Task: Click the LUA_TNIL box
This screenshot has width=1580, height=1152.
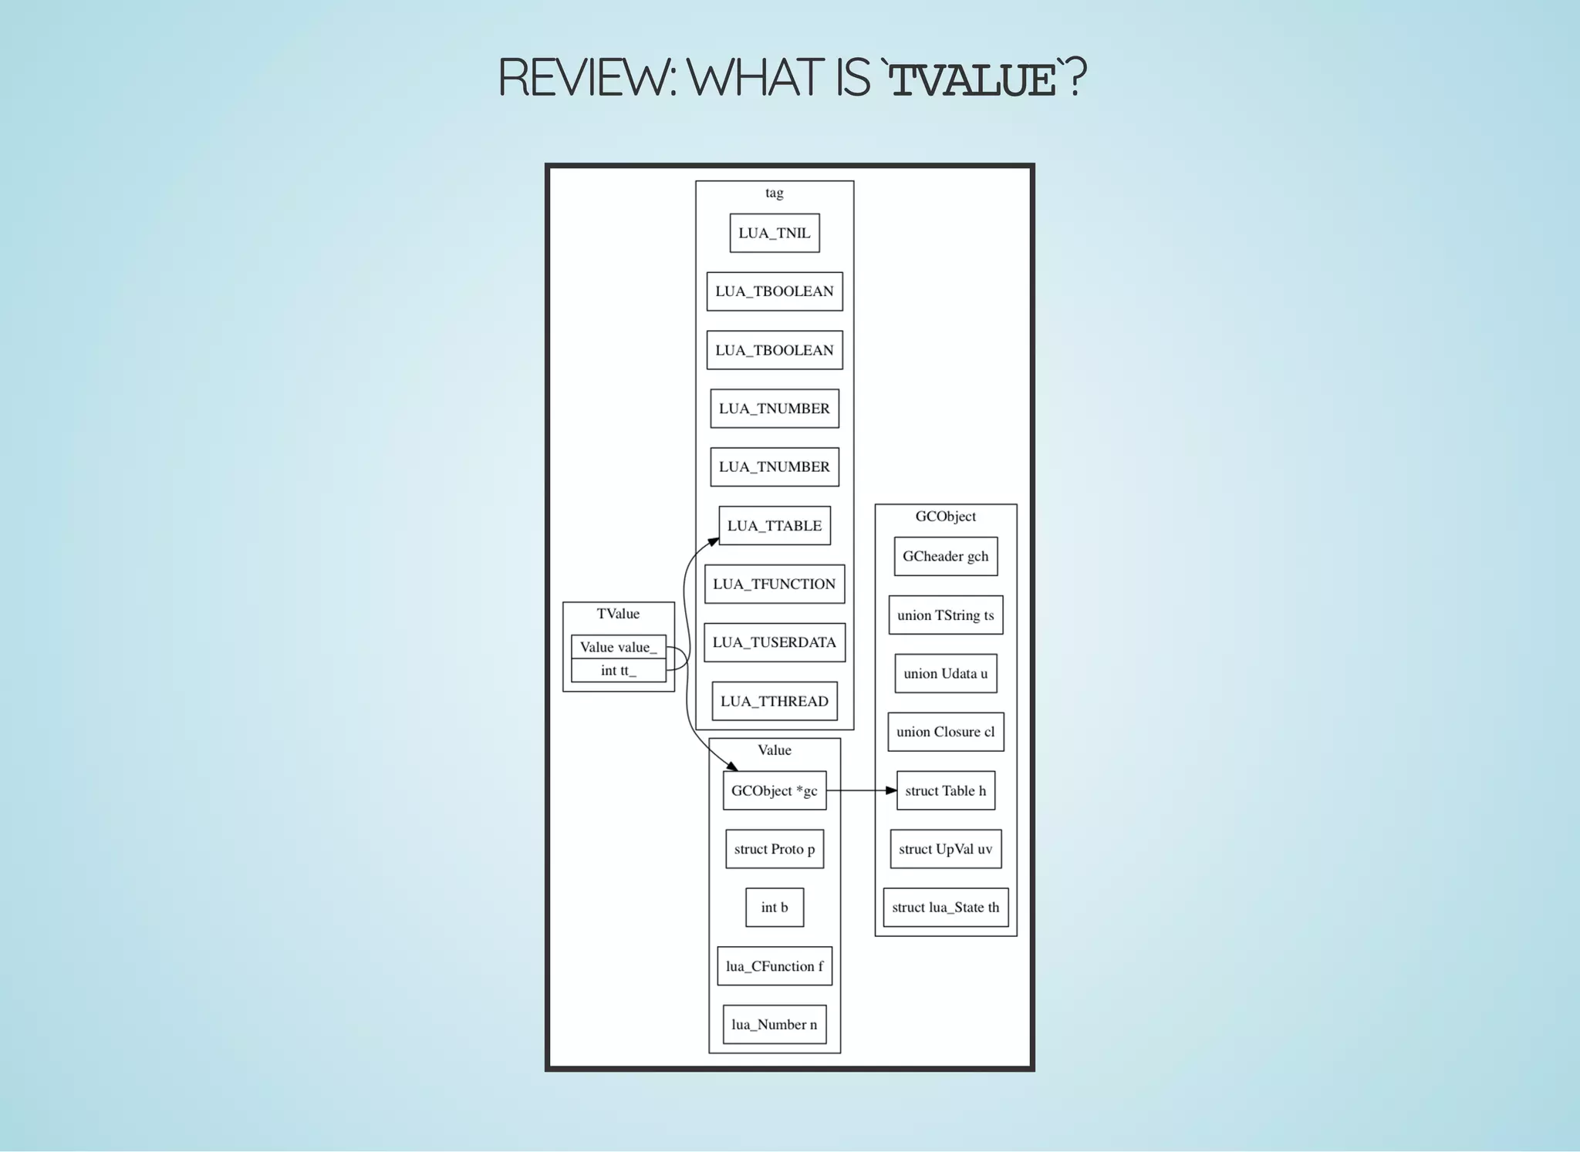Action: pyautogui.click(x=775, y=233)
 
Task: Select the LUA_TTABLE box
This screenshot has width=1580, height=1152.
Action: pyautogui.click(x=775, y=526)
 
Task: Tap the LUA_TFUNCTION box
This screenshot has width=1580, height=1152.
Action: pyautogui.click(x=775, y=584)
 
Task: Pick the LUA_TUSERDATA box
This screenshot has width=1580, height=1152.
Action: pyautogui.click(x=775, y=642)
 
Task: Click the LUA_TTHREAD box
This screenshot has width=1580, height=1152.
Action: pyautogui.click(x=775, y=701)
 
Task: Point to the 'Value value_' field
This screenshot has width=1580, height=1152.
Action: pyautogui.click(x=618, y=647)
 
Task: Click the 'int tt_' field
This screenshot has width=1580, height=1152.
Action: pyautogui.click(x=618, y=671)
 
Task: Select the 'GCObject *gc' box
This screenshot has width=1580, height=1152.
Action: pyautogui.click(x=775, y=790)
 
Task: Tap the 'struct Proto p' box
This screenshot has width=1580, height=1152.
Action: pyautogui.click(x=775, y=849)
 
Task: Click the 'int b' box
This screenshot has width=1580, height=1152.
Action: pyautogui.click(x=775, y=908)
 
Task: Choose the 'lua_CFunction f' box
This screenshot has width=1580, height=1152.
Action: pyautogui.click(x=775, y=966)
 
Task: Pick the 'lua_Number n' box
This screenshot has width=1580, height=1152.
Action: pyautogui.click(x=775, y=1025)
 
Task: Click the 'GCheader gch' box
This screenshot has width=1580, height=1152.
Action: pyautogui.click(x=946, y=556)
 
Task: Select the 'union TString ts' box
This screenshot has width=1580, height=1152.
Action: pyautogui.click(x=946, y=615)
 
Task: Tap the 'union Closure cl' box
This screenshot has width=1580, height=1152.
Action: pyautogui.click(x=946, y=732)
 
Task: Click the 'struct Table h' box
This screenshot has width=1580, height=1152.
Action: pyautogui.click(x=946, y=790)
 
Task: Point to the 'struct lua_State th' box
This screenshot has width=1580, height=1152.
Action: pyautogui.click(x=946, y=908)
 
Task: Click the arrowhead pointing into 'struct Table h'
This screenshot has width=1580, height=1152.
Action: pyautogui.click(x=891, y=790)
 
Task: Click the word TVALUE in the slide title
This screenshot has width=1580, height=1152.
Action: pyautogui.click(x=973, y=79)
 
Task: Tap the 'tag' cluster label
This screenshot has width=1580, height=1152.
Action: pyautogui.click(x=775, y=193)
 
